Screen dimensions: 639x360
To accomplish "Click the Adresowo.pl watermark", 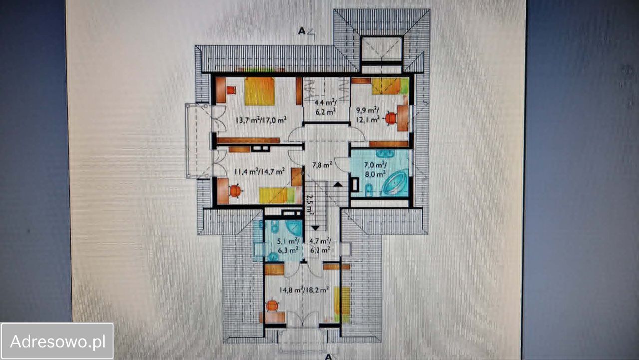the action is coord(57,341).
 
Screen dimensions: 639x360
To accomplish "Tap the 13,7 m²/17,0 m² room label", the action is coord(261,120).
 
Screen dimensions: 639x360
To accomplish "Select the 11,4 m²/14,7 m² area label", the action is coord(259,172).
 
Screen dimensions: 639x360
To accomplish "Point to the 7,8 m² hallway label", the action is coord(322,165).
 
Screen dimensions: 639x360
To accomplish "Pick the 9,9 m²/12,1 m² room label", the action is coord(368,115).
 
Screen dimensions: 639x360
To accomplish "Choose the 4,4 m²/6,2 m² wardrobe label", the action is coord(325,107).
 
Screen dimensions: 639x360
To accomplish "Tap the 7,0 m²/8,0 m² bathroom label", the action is coord(376,169).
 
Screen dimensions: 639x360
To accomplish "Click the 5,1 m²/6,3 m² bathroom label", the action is coord(288,246).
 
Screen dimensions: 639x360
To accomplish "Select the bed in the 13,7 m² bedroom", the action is coord(260,91).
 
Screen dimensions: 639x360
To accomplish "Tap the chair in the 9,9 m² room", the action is coord(390,118).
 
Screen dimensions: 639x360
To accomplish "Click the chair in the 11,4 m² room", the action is coord(235,191).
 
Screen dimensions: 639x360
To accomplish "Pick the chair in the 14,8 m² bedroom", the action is coord(272,305).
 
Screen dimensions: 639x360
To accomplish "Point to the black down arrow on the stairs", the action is coord(315,228).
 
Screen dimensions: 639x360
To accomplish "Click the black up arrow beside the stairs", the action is coord(338,184).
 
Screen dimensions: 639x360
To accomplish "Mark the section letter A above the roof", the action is coord(301,31).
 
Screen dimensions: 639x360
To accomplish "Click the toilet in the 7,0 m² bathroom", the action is coord(369,189).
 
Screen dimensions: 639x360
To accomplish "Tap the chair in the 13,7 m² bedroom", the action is coord(231,90).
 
